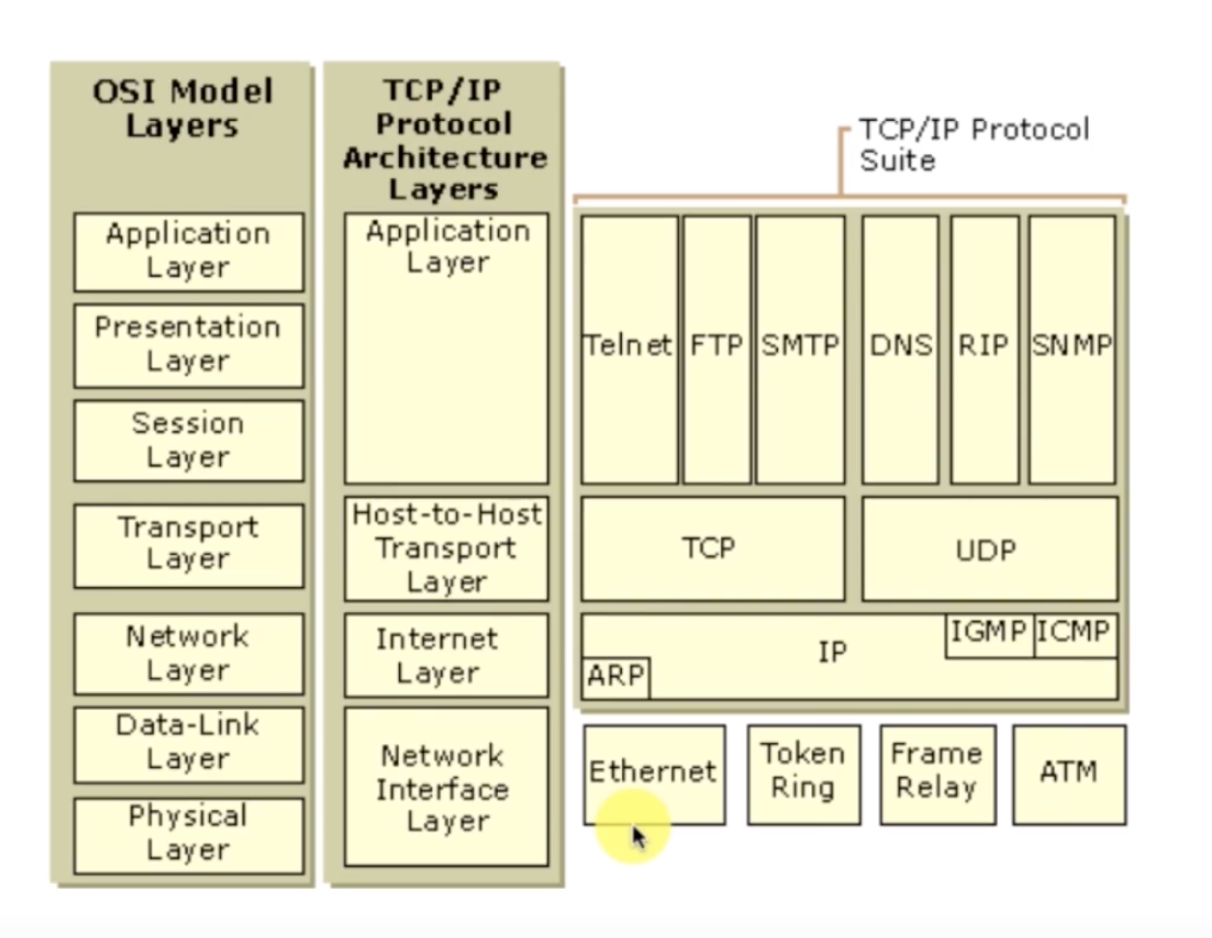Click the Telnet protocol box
pyautogui.click(x=629, y=349)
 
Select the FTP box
pyautogui.click(x=717, y=349)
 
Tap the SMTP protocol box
pyautogui.click(x=800, y=349)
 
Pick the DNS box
pyautogui.click(x=900, y=349)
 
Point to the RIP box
pyautogui.click(x=984, y=349)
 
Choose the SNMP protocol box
pyautogui.click(x=1072, y=349)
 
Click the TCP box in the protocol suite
pyautogui.click(x=712, y=548)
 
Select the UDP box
pyautogui.click(x=989, y=548)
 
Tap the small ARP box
pyautogui.click(x=616, y=677)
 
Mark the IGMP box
pyautogui.click(x=989, y=634)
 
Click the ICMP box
pyautogui.click(x=1074, y=634)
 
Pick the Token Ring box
pyautogui.click(x=803, y=773)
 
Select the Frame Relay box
pyautogui.click(x=937, y=773)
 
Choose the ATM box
pyautogui.click(x=1069, y=773)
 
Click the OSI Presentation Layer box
pyautogui.click(x=188, y=345)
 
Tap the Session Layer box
pyautogui.click(x=188, y=440)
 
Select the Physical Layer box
pyautogui.click(x=188, y=835)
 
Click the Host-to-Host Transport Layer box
pyautogui.click(x=446, y=548)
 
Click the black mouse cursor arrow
pyautogui.click(x=639, y=837)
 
